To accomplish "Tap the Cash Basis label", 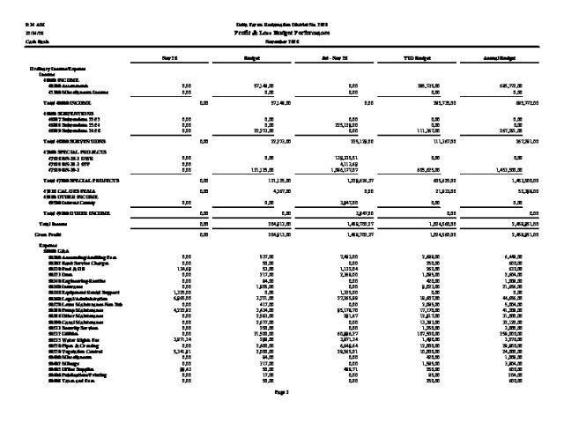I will coord(36,41).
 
